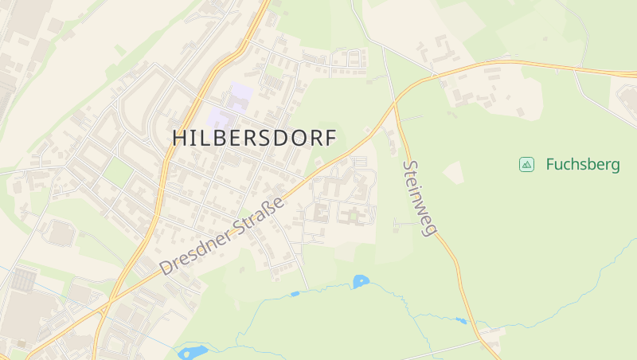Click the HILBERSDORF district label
pos(254,137)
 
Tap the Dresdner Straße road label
pos(222,236)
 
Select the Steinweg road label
pos(420,198)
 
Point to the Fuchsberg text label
pos(583,165)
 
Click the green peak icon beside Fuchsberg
pos(526,165)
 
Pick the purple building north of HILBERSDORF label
pos(240,96)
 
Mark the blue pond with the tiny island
pos(361,281)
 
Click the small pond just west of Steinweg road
pos(460,321)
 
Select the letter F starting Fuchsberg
pos(551,165)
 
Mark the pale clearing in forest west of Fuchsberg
pos(454,172)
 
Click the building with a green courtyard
pos(351,214)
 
